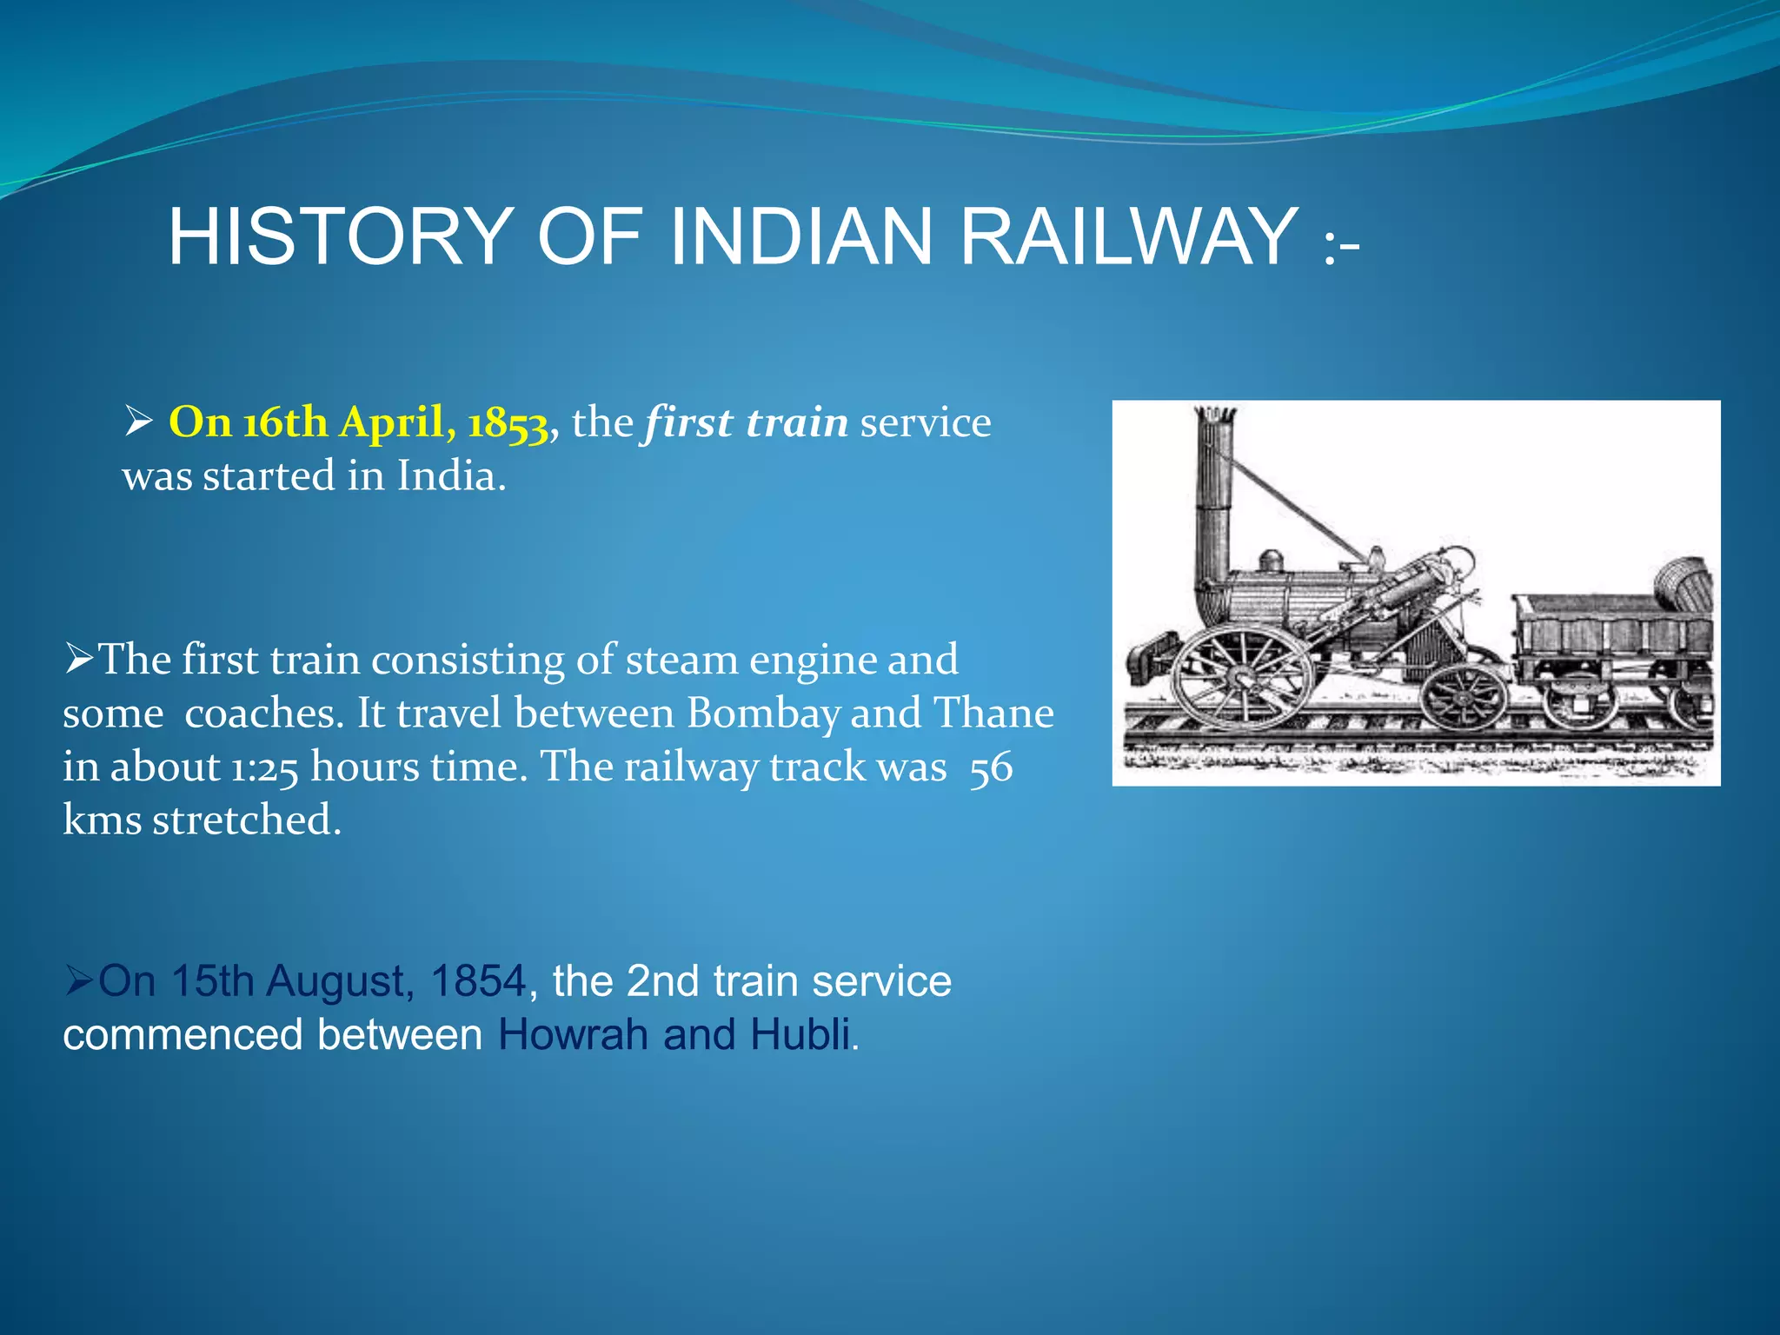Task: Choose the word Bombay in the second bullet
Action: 763,714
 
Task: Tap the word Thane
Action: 993,714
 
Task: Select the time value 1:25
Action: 264,767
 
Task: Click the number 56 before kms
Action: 991,767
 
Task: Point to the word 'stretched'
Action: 247,820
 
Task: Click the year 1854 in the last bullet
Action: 478,981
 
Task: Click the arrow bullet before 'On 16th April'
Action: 139,423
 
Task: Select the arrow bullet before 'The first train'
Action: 79,660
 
